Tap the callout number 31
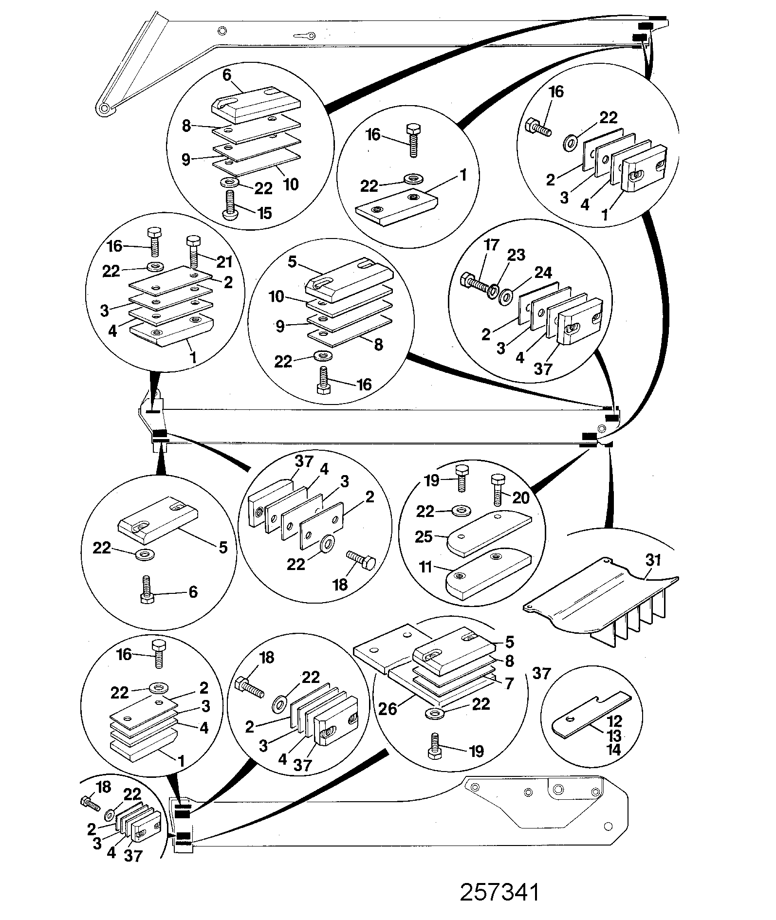(x=653, y=560)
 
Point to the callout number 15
(x=264, y=213)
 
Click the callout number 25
(x=424, y=536)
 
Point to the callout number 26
(x=388, y=709)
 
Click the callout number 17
(x=492, y=245)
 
